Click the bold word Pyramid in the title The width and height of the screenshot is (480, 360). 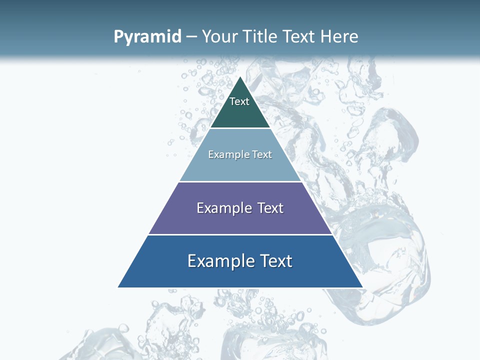[x=147, y=37]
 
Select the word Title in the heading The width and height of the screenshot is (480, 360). [x=260, y=36]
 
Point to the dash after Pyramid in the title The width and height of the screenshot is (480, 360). [x=191, y=37]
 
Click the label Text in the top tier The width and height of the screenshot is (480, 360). [x=239, y=101]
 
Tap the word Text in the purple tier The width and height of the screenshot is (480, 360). [x=270, y=208]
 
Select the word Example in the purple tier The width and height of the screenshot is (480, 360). [x=223, y=208]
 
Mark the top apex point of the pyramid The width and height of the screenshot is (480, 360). [x=240, y=77]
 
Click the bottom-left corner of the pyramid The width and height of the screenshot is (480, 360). [x=118, y=287]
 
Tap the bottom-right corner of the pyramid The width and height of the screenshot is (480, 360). [x=362, y=287]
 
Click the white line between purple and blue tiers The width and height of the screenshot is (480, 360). [x=240, y=234]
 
